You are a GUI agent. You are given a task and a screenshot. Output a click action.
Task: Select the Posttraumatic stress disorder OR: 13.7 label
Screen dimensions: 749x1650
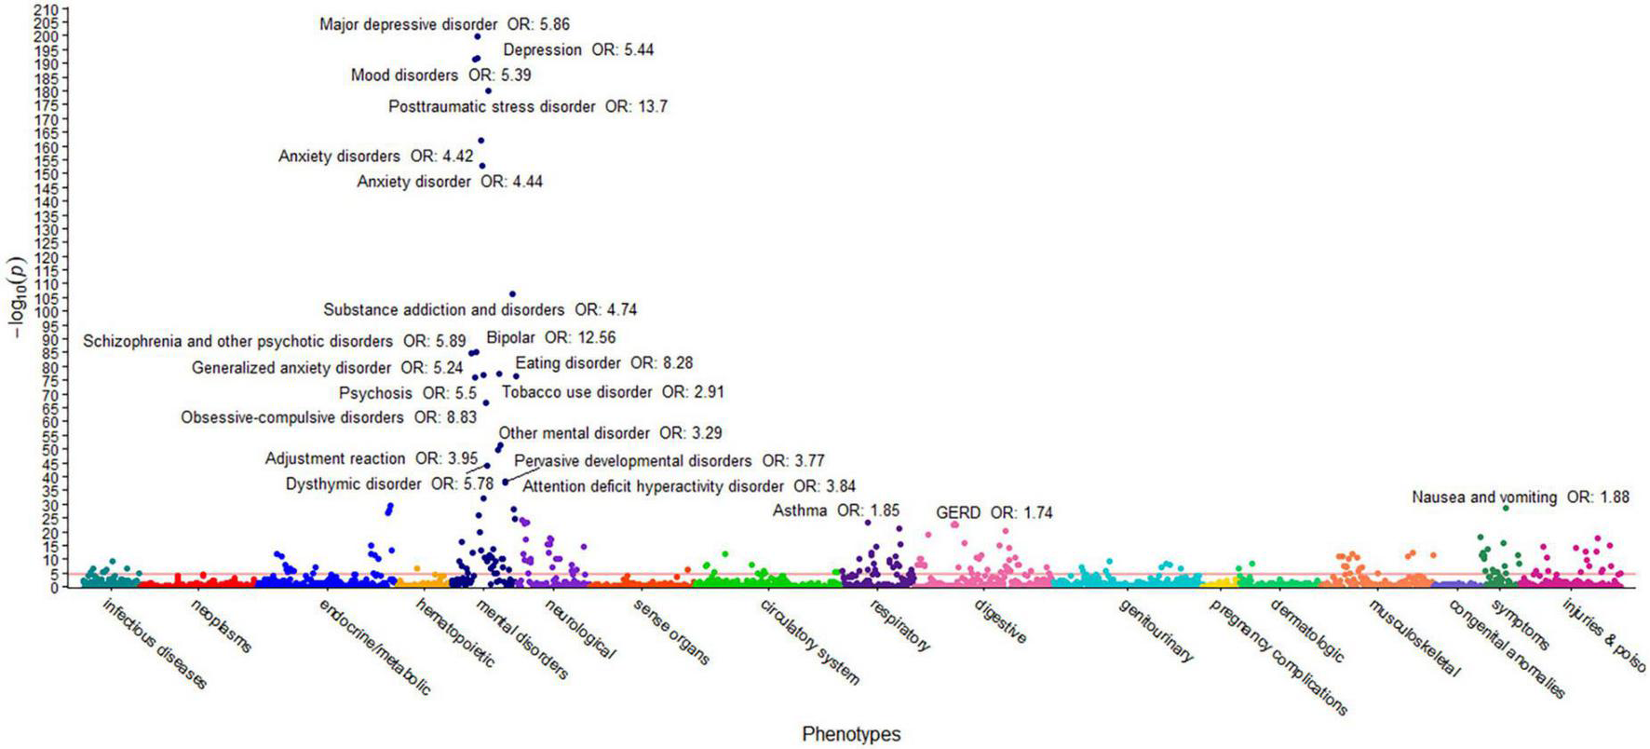(527, 107)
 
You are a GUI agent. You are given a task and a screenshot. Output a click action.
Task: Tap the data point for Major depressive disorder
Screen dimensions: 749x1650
(478, 36)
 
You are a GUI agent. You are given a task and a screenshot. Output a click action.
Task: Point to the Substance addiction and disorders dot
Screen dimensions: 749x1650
(512, 294)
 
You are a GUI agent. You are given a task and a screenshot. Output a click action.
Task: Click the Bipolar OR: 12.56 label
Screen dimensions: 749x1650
(550, 337)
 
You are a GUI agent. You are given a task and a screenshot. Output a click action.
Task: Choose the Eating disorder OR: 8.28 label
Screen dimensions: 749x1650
(603, 363)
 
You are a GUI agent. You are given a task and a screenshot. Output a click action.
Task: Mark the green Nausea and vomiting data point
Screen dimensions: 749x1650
(1506, 509)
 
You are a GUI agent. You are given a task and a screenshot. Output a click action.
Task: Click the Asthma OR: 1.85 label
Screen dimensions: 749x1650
(835, 511)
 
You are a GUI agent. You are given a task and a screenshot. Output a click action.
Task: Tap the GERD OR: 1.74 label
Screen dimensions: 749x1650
(994, 513)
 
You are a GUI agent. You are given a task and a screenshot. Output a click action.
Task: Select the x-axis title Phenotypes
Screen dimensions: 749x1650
(851, 734)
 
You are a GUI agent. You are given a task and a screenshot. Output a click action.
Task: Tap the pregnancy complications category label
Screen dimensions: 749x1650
(1278, 657)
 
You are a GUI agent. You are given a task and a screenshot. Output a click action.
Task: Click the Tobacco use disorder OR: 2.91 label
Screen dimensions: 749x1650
(612, 392)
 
